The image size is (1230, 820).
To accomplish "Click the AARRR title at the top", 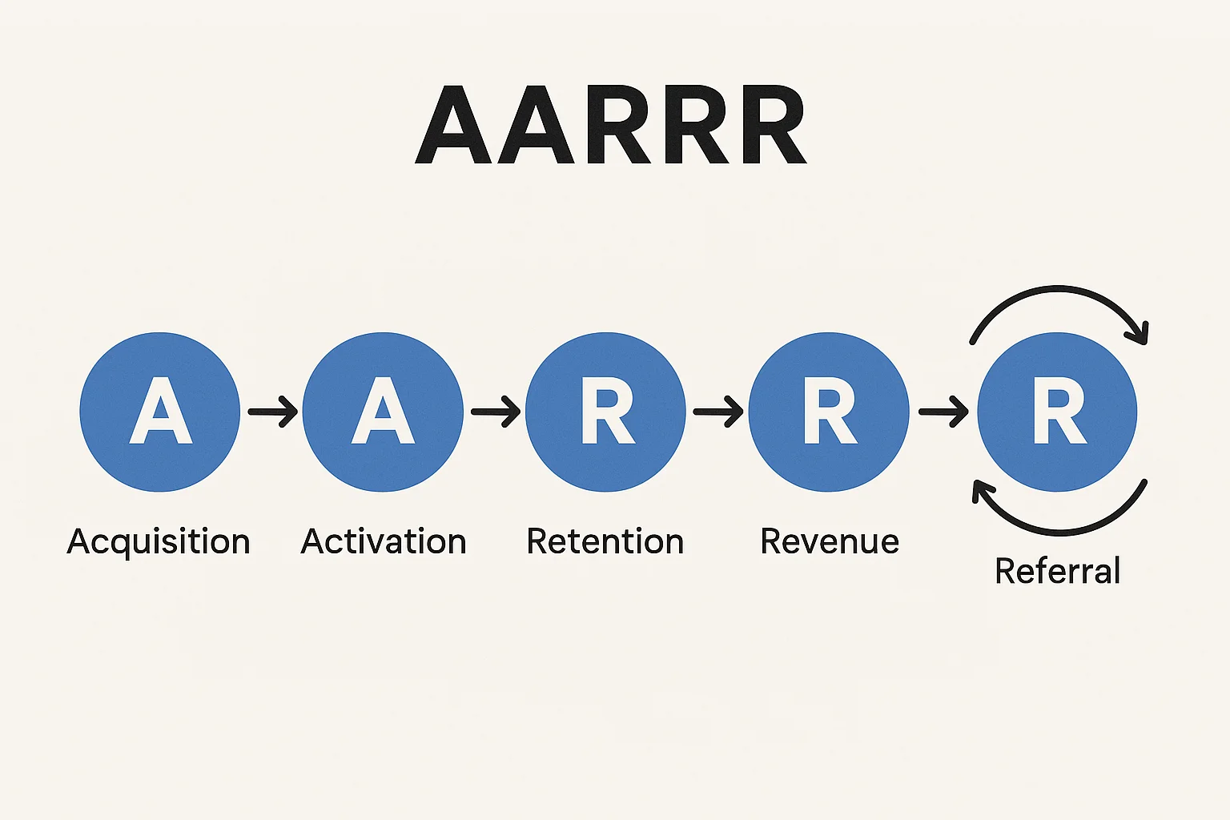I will point(610,124).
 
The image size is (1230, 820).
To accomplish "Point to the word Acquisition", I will point(159,542).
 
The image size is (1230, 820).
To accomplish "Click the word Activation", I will point(383,542).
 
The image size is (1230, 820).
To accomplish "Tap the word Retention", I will point(605,542).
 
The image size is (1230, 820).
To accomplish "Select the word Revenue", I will point(830,542).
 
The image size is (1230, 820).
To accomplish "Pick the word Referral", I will point(1057,572).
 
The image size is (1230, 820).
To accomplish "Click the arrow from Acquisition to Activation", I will point(272,412).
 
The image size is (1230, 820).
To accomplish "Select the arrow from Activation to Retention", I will point(495,412).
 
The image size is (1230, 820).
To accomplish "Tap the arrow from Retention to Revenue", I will point(717,412).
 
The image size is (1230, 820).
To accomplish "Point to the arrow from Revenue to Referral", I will point(943,412).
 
